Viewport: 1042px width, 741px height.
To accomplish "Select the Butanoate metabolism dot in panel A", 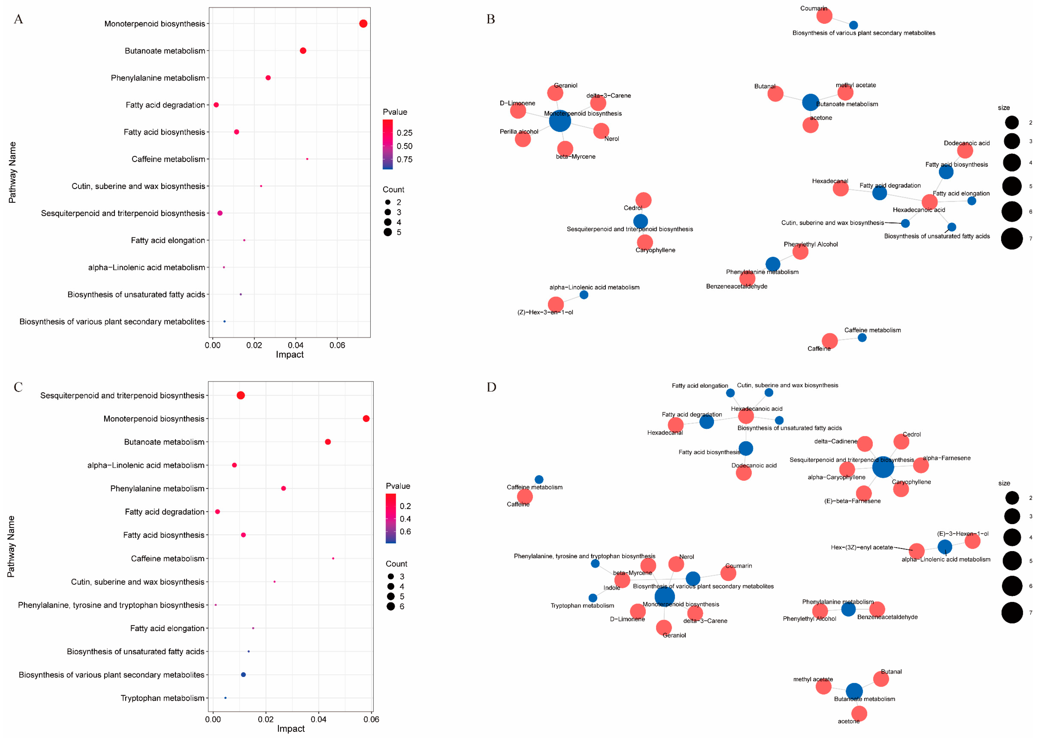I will (303, 51).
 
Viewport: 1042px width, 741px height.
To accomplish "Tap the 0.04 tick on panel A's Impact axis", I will (296, 345).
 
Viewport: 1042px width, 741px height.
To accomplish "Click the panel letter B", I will (491, 19).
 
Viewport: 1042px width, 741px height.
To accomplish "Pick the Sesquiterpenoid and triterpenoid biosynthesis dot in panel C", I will (241, 396).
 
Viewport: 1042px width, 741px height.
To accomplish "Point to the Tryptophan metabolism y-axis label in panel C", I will (162, 698).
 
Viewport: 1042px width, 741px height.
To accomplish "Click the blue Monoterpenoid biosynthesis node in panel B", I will (560, 121).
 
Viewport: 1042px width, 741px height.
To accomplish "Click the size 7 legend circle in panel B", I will (1012, 239).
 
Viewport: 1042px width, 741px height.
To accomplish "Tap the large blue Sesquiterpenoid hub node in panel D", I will (883, 467).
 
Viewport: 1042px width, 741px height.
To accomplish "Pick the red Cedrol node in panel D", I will (901, 442).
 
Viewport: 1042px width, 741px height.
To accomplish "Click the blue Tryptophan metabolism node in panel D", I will (593, 598).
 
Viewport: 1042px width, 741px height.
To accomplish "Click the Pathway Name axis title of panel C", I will (11, 547).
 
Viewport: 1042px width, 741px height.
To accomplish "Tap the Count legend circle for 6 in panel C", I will (391, 606).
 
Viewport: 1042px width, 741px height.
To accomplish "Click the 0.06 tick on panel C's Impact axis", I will (372, 719).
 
